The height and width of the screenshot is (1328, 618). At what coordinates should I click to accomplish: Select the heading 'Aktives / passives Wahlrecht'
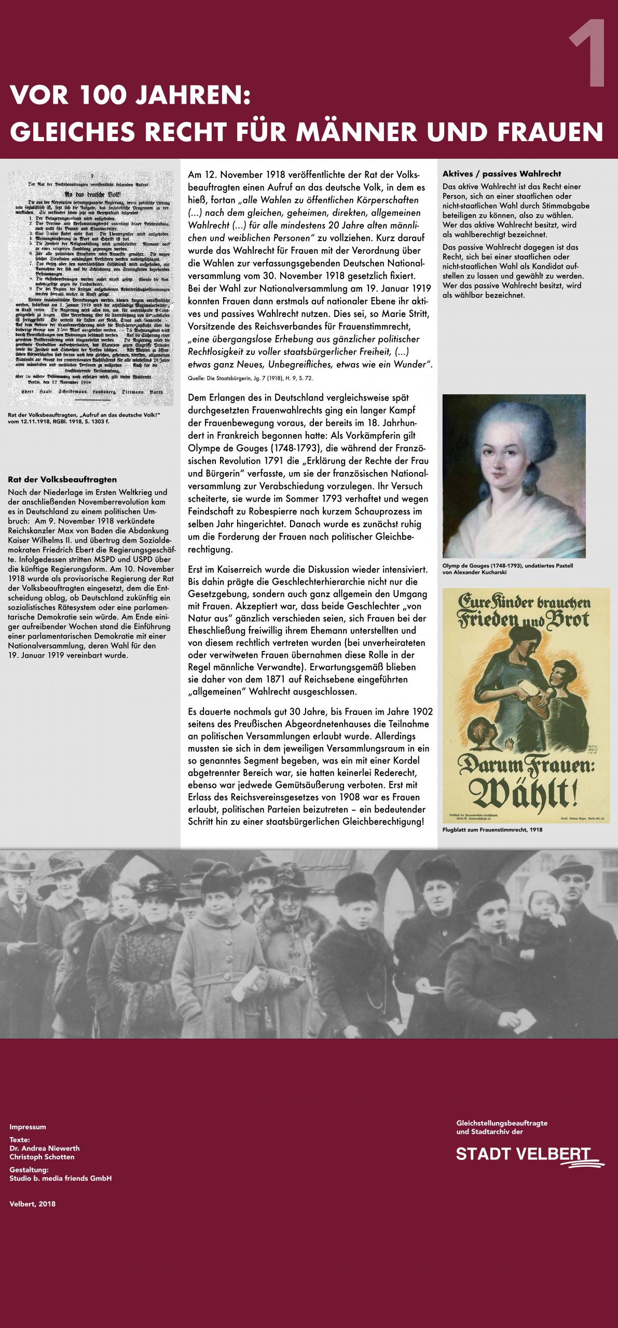[501, 174]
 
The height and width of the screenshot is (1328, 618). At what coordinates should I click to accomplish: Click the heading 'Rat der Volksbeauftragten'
[62, 479]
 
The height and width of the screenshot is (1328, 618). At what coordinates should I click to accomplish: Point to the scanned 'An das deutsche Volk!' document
[91, 288]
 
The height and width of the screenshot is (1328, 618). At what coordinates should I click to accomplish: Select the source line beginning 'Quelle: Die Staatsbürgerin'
[250, 378]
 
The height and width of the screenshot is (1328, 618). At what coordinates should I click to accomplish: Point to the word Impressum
[28, 1127]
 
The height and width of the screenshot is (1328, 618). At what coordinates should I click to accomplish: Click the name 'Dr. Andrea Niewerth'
[45, 1149]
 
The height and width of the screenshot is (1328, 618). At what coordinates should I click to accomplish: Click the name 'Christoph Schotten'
[42, 1157]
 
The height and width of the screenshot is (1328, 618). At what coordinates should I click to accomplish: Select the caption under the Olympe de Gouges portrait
[507, 569]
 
